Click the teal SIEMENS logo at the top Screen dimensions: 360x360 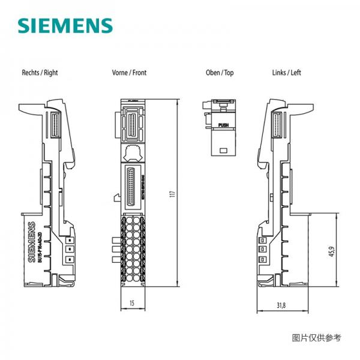(65, 26)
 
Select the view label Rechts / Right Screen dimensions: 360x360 (40, 73)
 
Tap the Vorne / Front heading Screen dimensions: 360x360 (129, 73)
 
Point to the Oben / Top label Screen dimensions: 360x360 (220, 73)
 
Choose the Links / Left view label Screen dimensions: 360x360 (287, 73)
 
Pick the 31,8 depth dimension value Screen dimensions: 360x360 (281, 305)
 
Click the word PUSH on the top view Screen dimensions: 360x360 (223, 125)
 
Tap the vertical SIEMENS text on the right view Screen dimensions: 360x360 (32, 243)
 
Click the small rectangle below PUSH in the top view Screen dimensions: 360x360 (223, 148)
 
